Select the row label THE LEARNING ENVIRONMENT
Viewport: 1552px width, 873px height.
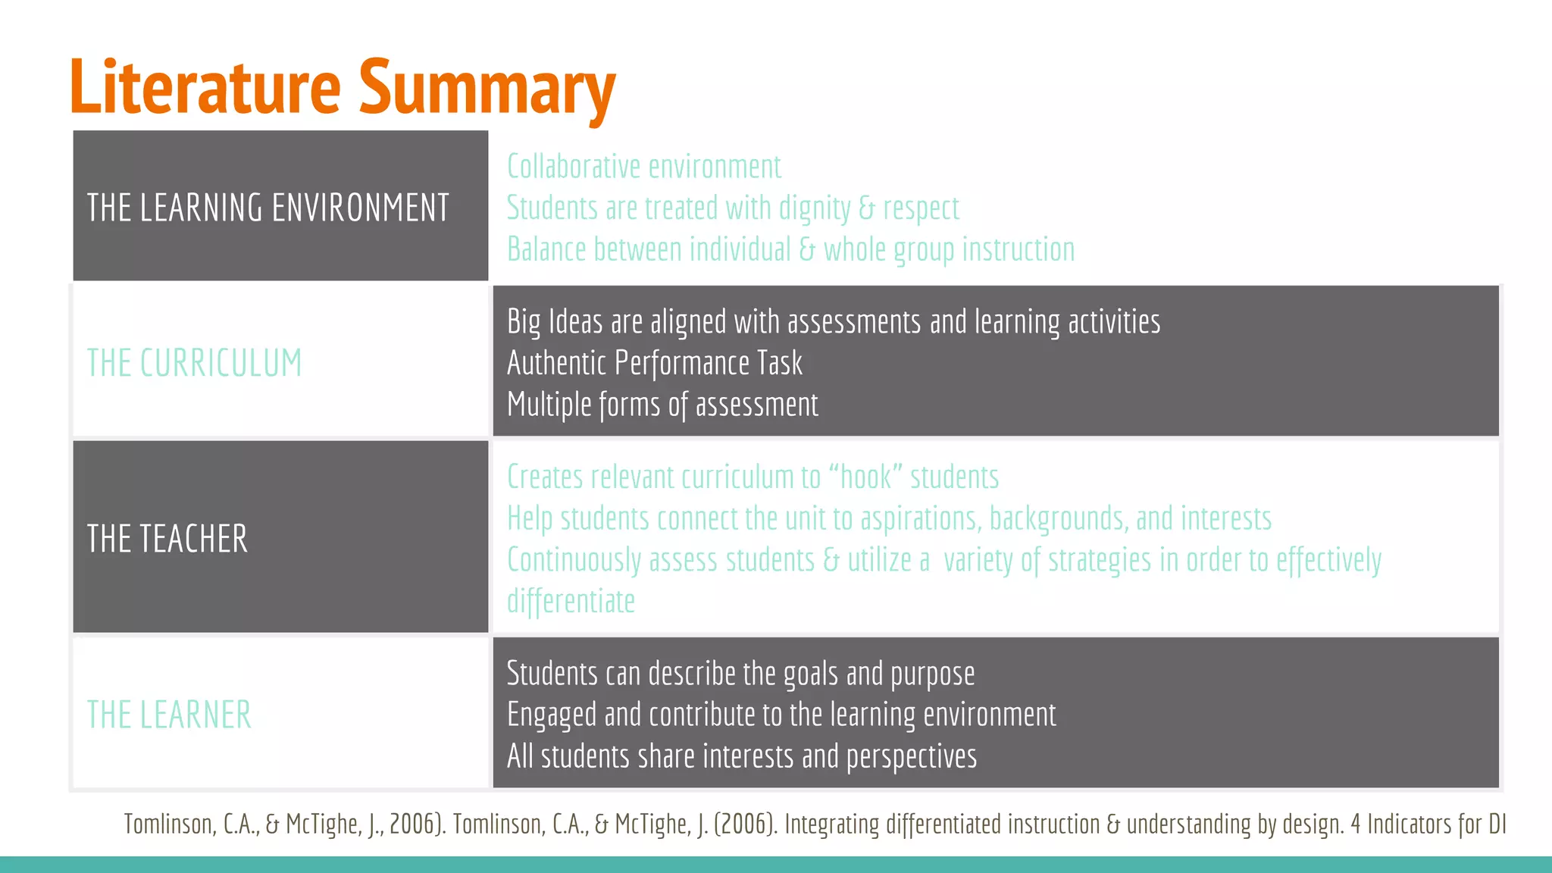(268, 208)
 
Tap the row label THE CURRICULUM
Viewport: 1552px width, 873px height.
(194, 363)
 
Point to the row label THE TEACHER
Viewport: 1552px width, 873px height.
(167, 539)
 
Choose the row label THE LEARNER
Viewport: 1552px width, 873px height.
(169, 715)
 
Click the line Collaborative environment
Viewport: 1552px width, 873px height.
(643, 167)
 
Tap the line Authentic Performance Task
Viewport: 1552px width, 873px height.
(654, 363)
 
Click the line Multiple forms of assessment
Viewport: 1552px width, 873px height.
(662, 405)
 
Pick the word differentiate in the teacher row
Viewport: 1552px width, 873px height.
(571, 602)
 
